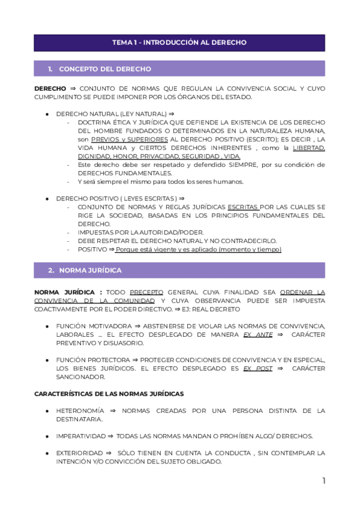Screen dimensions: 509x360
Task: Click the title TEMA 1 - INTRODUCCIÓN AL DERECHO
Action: [x=179, y=43]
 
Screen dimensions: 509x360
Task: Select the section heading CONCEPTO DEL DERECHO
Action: [x=105, y=69]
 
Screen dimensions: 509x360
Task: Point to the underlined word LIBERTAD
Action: [x=308, y=148]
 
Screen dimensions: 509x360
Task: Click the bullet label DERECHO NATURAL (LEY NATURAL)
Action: [x=111, y=113]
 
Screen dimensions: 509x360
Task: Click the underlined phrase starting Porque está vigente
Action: [x=198, y=250]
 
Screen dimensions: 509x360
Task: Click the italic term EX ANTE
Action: [x=254, y=334]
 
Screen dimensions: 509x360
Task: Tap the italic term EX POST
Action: [x=257, y=368]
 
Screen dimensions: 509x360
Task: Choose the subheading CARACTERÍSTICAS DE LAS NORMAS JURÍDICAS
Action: [x=109, y=394]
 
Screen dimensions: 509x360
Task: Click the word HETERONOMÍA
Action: [x=80, y=411]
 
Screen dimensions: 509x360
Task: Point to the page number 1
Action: [x=323, y=481]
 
